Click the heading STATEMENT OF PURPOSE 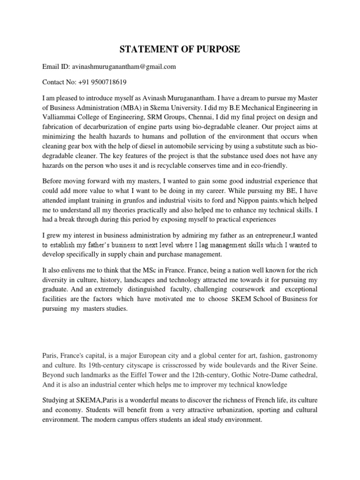tap(180, 50)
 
